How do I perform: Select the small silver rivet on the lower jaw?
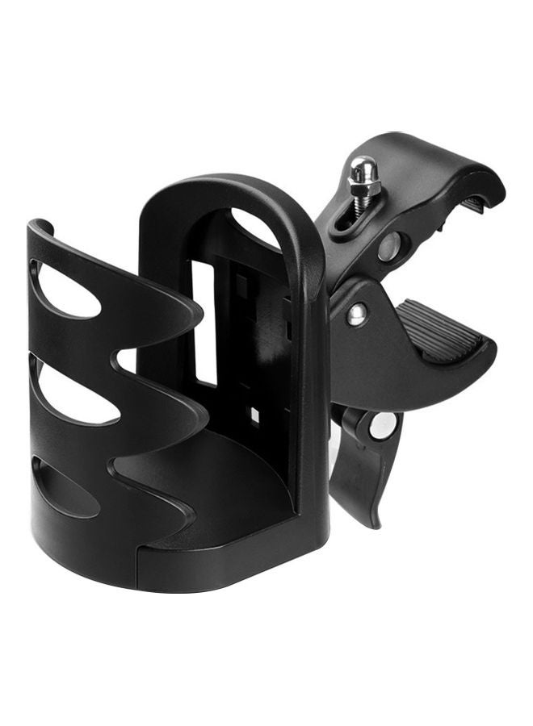click(x=355, y=315)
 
